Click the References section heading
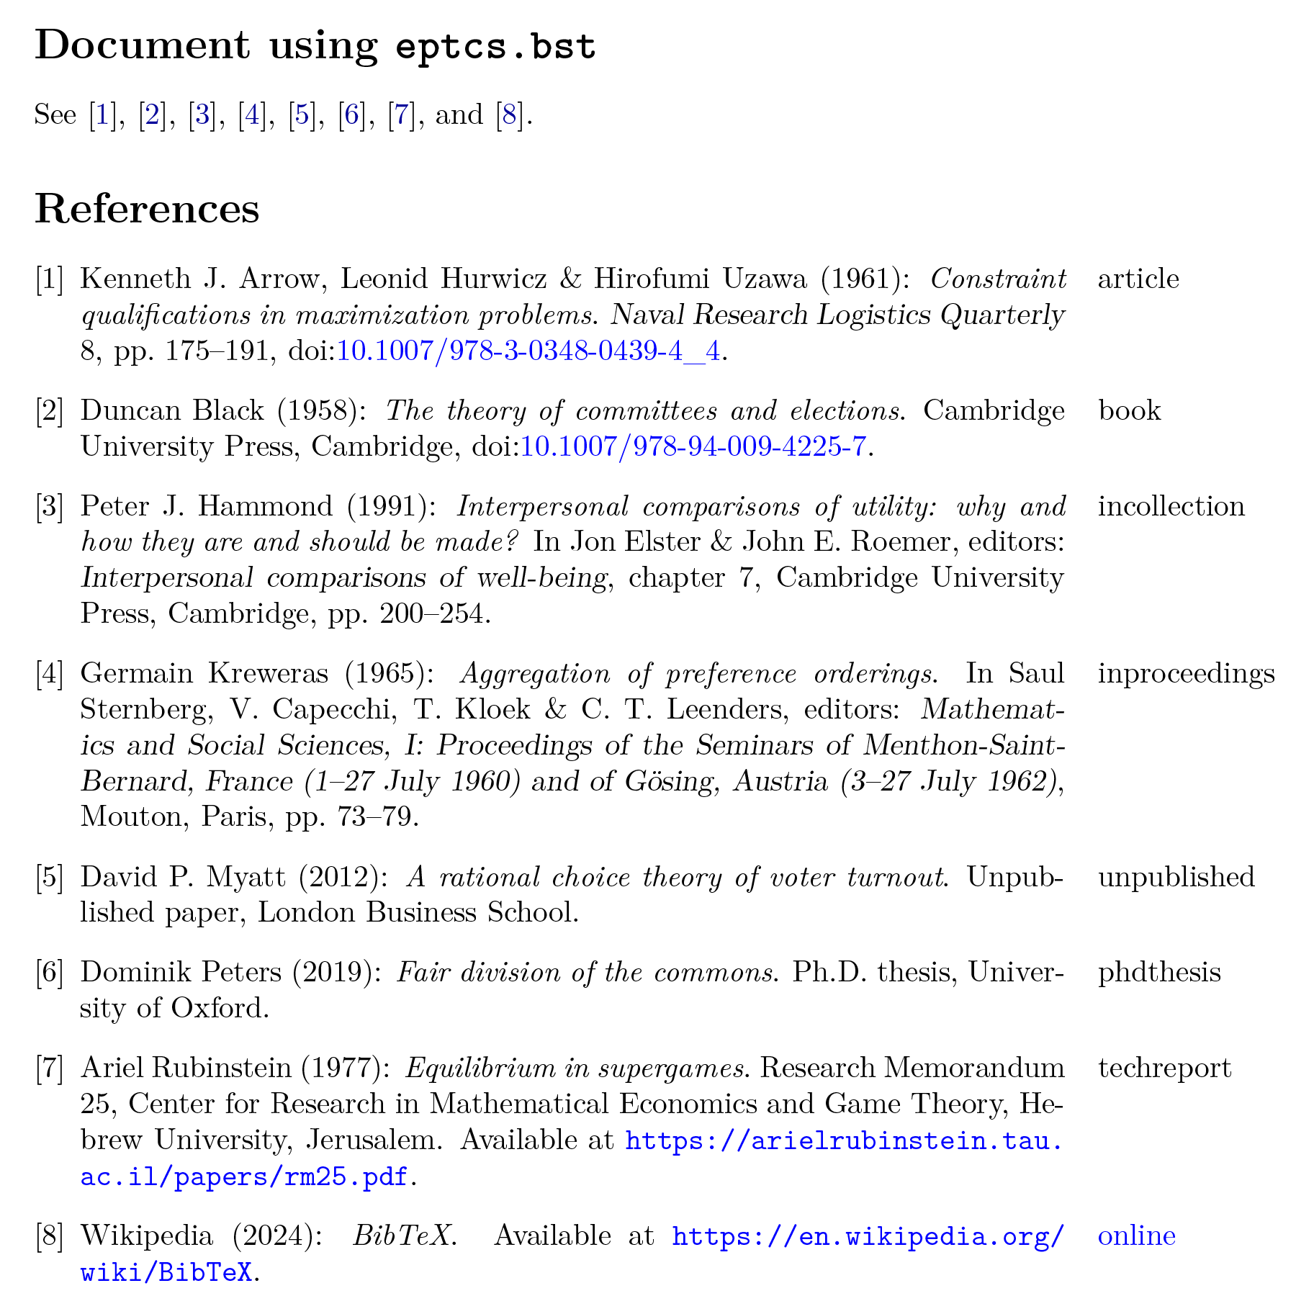pos(147,210)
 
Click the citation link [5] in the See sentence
pos(302,115)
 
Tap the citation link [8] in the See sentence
pos(509,115)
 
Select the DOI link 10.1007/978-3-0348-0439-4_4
pos(528,351)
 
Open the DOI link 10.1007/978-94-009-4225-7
pos(693,447)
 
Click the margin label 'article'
pos(1138,279)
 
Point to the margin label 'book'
pos(1130,410)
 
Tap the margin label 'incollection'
pos(1171,506)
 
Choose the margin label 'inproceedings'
pos(1186,673)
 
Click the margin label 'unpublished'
pos(1176,876)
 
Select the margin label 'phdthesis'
pos(1159,972)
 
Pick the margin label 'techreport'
pos(1164,1068)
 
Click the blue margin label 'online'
pos(1136,1236)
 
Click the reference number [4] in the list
pos(50,674)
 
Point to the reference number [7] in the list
pos(50,1068)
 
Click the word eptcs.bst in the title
pos(496,46)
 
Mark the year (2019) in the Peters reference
pos(336,972)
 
